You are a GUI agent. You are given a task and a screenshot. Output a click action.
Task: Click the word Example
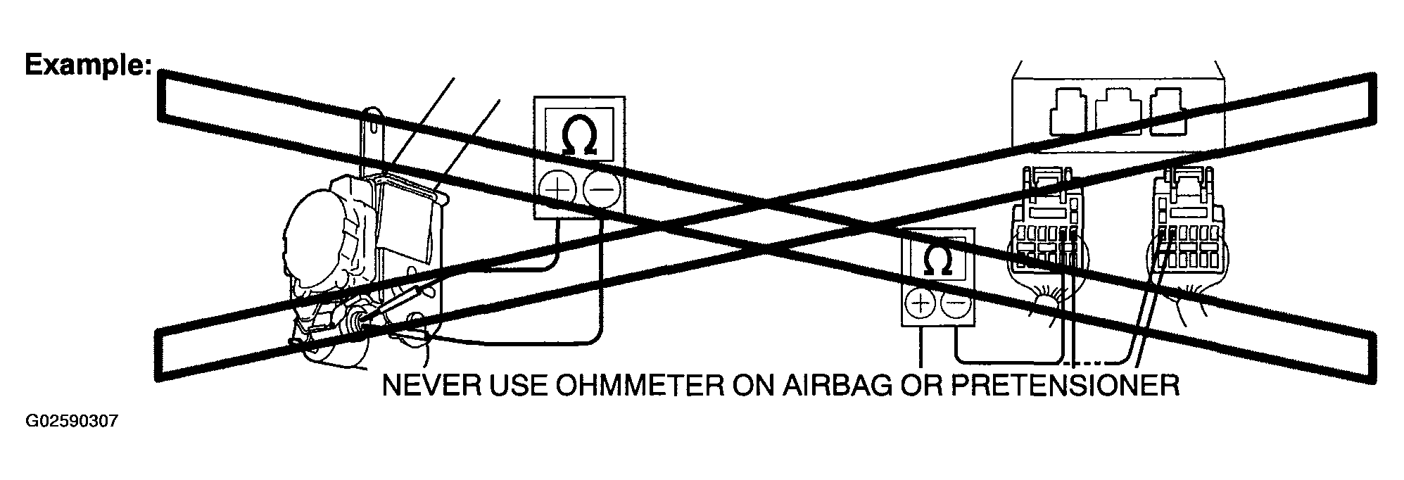[88, 66]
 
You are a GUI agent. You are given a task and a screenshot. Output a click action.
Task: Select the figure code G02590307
[72, 422]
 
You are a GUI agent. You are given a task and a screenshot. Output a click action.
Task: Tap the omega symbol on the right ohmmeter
[937, 262]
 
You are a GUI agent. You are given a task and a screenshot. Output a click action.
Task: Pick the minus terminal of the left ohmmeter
[600, 190]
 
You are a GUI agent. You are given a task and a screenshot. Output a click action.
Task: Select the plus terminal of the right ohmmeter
[919, 305]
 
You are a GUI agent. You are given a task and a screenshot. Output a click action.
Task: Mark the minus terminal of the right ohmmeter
[956, 305]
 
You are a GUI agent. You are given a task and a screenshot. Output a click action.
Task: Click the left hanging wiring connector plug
[1048, 232]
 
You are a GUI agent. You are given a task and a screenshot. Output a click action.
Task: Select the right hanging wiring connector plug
[1189, 232]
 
